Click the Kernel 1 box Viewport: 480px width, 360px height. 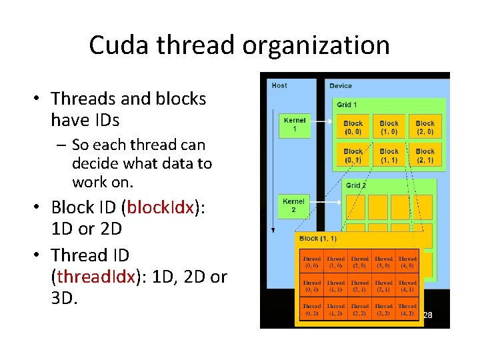[294, 125]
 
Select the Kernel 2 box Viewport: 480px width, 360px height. [294, 205]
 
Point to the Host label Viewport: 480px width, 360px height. [279, 85]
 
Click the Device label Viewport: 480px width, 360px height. [341, 85]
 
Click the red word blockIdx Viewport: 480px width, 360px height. [159, 207]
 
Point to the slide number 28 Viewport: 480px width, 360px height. [428, 315]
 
